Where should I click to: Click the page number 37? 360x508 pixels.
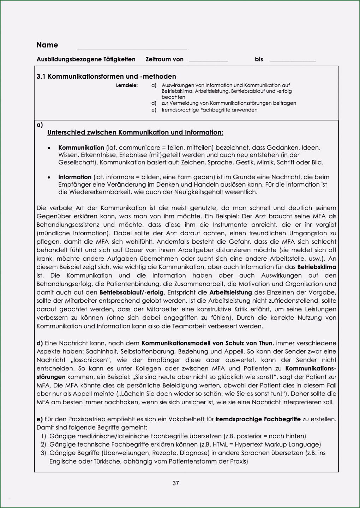tap(175, 483)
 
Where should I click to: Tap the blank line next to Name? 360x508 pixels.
tap(132, 48)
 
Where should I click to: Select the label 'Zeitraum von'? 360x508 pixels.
tap(164, 59)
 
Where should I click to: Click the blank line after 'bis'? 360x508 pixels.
tap(293, 61)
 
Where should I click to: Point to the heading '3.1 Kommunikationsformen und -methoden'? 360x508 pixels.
tap(106, 77)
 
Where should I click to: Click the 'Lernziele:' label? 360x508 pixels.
tap(127, 85)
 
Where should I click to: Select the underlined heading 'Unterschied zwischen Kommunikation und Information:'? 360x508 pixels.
tap(135, 132)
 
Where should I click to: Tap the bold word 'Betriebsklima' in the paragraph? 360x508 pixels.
tap(317, 267)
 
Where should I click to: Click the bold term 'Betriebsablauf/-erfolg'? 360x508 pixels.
tap(132, 292)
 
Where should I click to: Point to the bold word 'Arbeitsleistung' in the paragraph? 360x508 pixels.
tap(230, 292)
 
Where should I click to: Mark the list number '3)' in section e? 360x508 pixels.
tap(43, 453)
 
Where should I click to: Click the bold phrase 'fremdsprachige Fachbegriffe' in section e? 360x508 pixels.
tap(258, 419)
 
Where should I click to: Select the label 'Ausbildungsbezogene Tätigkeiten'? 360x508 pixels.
tap(86, 59)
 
